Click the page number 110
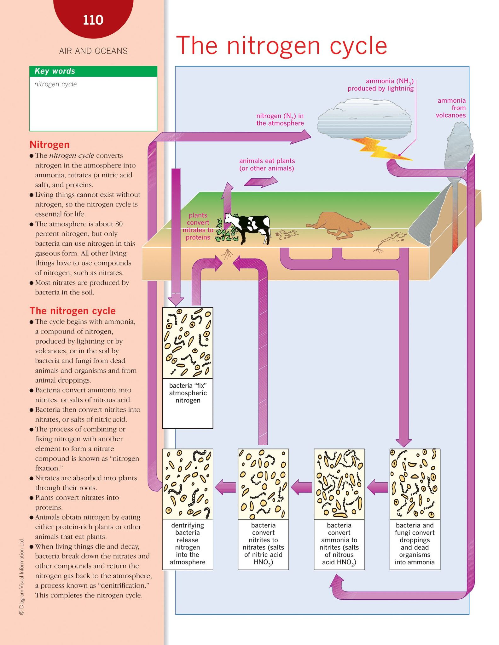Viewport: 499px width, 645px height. click(93, 20)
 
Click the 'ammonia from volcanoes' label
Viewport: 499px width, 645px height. click(451, 108)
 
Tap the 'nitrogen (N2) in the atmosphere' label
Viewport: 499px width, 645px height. click(280, 119)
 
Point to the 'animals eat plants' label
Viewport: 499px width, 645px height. click(267, 164)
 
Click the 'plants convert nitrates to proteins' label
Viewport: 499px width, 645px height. click(198, 226)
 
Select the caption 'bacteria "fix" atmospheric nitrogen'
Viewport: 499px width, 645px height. click(188, 393)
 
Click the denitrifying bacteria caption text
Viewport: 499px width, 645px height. click(188, 543)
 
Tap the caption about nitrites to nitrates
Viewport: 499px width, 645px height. click(263, 544)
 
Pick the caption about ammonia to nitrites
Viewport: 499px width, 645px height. click(339, 544)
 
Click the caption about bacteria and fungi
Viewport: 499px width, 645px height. click(415, 543)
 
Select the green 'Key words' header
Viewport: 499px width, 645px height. click(93, 71)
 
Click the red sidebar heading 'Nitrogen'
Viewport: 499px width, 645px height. click(49, 145)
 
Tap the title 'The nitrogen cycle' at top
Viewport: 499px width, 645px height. click(281, 46)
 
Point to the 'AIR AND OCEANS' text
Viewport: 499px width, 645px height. click(93, 51)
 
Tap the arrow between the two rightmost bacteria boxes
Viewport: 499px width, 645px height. click(377, 487)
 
